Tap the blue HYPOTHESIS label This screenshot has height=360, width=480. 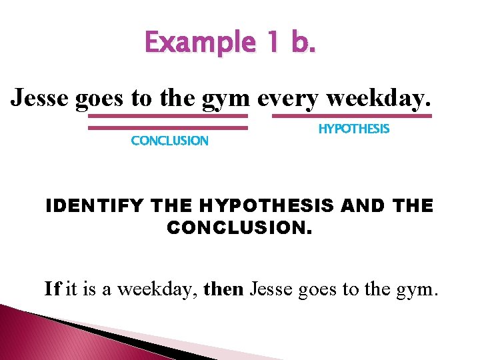[353, 129]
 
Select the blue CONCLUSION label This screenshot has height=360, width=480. [169, 141]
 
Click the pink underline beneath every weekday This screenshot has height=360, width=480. [352, 116]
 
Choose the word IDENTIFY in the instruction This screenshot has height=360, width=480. [93, 206]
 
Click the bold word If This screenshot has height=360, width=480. [53, 289]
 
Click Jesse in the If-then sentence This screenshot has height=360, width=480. [271, 289]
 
